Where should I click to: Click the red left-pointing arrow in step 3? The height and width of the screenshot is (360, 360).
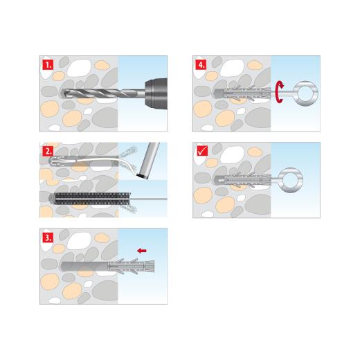click(x=143, y=251)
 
